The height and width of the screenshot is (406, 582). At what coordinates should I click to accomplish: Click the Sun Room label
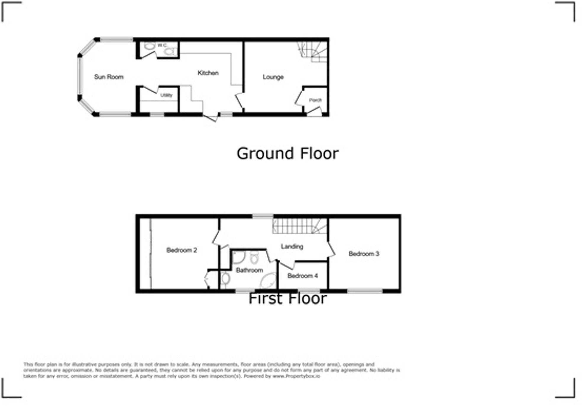click(x=109, y=77)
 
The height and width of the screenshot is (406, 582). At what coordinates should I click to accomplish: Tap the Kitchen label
click(x=208, y=73)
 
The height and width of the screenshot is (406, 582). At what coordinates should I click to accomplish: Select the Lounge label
click(x=273, y=77)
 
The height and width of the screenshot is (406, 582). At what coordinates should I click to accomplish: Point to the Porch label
click(x=315, y=100)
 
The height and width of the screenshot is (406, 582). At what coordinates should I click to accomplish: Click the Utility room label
click(x=166, y=95)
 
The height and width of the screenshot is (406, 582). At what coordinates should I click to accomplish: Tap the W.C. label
click(x=162, y=45)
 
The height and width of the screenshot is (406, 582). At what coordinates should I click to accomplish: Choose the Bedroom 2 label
click(x=182, y=250)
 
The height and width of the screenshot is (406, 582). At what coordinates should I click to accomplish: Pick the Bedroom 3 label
click(x=364, y=253)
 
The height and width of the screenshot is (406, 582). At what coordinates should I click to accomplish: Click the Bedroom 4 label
click(x=303, y=276)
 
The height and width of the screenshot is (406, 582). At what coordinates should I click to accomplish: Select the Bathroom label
click(x=249, y=270)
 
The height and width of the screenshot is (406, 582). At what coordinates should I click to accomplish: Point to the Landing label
click(x=292, y=246)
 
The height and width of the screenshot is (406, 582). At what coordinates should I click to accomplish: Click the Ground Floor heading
click(x=287, y=154)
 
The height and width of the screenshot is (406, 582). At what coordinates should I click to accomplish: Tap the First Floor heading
click(x=287, y=299)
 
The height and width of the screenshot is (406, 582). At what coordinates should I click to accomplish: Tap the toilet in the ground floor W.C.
click(x=169, y=52)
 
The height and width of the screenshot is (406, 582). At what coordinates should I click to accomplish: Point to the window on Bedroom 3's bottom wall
click(x=364, y=291)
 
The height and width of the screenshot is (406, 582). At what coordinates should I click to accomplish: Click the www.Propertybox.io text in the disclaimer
click(x=296, y=376)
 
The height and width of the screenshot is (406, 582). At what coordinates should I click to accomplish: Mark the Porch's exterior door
click(x=314, y=113)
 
